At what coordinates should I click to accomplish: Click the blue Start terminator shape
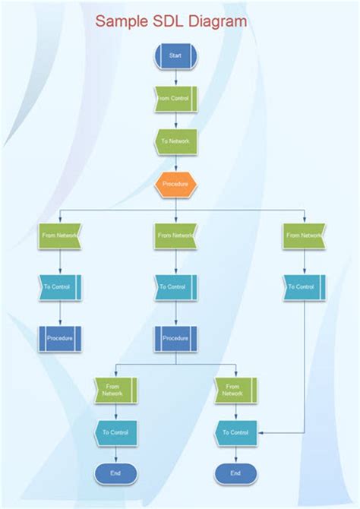(175, 55)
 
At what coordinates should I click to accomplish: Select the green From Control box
(175, 98)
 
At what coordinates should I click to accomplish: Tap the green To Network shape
(175, 141)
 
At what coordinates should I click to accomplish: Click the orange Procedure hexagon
(175, 184)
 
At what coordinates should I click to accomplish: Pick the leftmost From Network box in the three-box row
(59, 236)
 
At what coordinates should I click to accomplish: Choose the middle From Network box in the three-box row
(175, 236)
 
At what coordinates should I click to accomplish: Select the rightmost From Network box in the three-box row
(304, 236)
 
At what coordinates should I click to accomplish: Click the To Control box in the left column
(59, 287)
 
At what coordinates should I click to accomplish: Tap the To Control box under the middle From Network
(175, 287)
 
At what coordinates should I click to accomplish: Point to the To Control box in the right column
(304, 287)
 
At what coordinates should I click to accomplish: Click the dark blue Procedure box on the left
(59, 338)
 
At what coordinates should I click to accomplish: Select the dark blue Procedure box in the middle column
(175, 338)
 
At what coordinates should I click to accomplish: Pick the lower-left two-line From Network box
(115, 390)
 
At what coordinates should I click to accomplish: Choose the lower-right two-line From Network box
(235, 390)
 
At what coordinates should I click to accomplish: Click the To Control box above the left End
(115, 432)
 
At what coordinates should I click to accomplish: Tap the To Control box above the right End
(235, 432)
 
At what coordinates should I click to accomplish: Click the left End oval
(115, 473)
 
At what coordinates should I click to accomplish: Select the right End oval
(235, 473)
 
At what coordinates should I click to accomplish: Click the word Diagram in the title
(220, 21)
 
